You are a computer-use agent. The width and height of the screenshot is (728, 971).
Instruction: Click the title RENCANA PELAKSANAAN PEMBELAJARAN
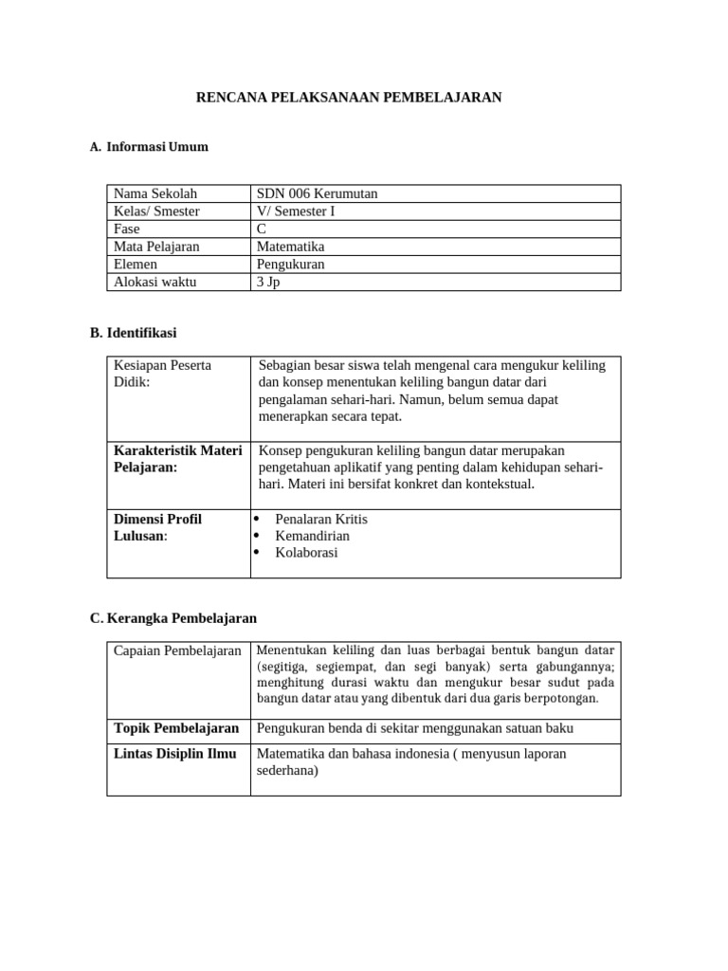tap(348, 98)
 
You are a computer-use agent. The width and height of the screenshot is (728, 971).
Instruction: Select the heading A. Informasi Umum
tap(149, 147)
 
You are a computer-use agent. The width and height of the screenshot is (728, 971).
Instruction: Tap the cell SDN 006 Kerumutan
tap(317, 193)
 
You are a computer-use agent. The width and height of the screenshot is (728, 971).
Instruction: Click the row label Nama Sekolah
tap(155, 193)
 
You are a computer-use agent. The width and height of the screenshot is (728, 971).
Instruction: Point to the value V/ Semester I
tap(296, 211)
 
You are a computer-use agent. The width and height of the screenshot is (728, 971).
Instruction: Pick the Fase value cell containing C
tap(262, 229)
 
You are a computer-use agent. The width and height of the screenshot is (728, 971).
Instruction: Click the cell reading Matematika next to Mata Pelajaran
tap(290, 247)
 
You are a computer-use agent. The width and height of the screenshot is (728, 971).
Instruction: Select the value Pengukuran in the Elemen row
tap(290, 265)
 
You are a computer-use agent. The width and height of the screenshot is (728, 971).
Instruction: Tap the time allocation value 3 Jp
tap(268, 282)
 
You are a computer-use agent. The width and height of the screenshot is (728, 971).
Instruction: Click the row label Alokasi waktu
tap(156, 282)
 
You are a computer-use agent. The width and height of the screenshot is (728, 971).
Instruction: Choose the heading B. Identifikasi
tap(133, 333)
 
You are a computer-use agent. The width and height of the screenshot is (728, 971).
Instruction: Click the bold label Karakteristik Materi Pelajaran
tap(177, 458)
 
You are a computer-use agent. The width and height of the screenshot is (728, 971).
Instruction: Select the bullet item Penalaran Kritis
tap(320, 519)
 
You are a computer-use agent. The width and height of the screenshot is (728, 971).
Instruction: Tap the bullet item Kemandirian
tap(312, 536)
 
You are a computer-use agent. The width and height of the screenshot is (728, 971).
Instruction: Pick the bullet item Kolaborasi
tap(305, 553)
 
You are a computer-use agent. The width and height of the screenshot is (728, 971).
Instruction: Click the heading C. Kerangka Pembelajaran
tap(173, 618)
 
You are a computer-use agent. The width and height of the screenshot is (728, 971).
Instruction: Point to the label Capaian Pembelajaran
tap(177, 650)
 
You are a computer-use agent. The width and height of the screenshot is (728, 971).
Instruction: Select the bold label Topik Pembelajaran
tap(176, 728)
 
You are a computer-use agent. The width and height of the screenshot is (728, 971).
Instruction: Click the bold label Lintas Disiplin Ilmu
tap(173, 753)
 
